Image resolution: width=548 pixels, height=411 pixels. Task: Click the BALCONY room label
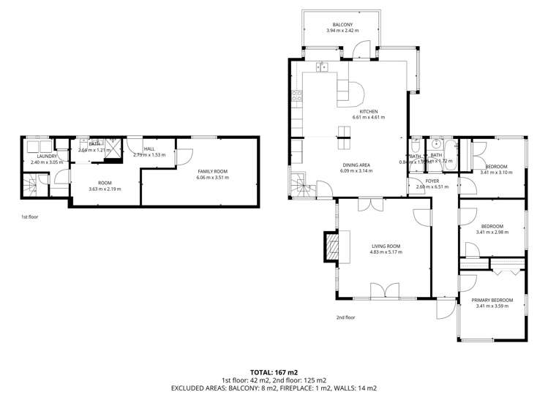click(x=342, y=24)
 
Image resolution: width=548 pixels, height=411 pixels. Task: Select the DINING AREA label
click(x=356, y=165)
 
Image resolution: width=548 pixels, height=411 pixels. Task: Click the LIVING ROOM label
click(x=387, y=246)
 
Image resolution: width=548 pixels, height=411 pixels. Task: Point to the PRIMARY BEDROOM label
click(x=492, y=300)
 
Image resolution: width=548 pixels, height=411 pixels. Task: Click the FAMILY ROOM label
click(x=212, y=171)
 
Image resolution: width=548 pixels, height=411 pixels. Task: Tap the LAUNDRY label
click(x=38, y=155)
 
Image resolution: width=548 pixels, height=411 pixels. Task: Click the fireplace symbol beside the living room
click(x=333, y=246)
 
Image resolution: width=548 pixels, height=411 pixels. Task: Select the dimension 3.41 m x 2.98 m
click(x=492, y=232)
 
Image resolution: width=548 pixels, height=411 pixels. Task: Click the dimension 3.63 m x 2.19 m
click(x=105, y=189)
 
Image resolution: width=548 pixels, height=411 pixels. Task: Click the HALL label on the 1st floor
click(x=149, y=148)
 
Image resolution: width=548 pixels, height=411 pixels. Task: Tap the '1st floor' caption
click(x=30, y=217)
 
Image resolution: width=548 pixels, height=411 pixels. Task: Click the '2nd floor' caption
click(x=345, y=317)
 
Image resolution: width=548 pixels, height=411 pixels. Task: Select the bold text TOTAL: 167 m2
click(x=274, y=372)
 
